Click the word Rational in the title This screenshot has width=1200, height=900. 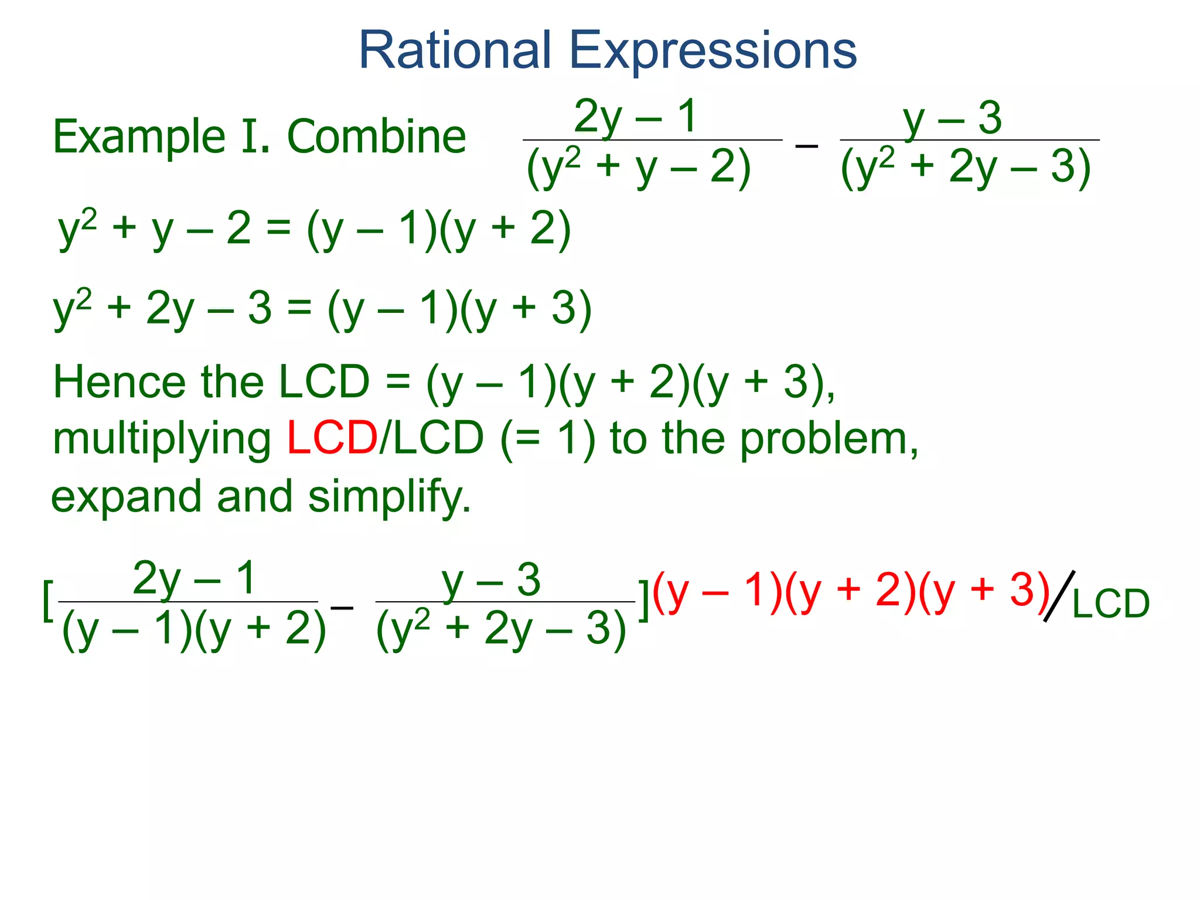[x=455, y=50]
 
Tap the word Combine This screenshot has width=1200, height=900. [x=377, y=137]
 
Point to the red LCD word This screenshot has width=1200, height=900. [x=332, y=438]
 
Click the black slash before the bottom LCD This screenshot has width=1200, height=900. [x=1059, y=596]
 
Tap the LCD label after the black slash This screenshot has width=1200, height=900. [x=1111, y=604]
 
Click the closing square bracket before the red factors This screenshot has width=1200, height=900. [x=643, y=600]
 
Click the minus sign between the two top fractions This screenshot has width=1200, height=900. [x=806, y=145]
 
